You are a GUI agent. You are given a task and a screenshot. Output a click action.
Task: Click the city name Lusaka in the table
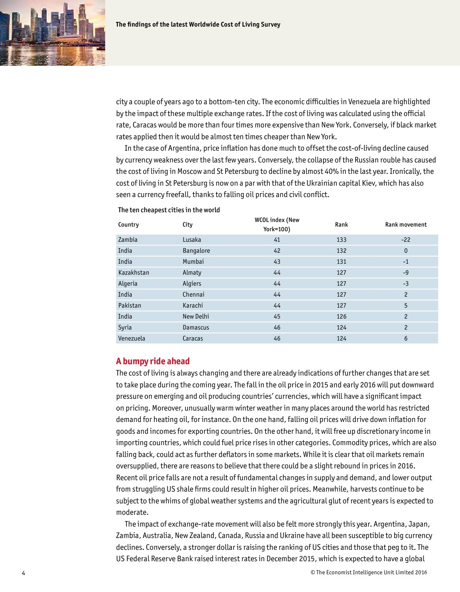[x=192, y=240]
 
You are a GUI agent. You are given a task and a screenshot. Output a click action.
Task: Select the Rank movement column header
[x=406, y=224]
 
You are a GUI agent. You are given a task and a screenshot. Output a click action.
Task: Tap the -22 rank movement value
[x=406, y=240]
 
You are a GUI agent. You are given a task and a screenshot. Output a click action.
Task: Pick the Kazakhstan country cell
[x=134, y=273]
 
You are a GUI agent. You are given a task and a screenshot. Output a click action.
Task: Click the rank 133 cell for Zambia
[x=342, y=240]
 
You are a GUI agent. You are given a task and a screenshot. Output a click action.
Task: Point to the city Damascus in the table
[x=196, y=327]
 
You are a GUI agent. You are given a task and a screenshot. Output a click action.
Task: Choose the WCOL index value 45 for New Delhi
[x=277, y=316]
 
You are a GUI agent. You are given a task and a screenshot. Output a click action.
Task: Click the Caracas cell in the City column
[x=193, y=338]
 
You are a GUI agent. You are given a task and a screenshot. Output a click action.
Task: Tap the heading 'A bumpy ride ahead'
[x=153, y=361]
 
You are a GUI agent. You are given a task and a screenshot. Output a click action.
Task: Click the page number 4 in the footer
[x=24, y=573]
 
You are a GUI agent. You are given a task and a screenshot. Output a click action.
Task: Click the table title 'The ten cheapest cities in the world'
[x=169, y=210]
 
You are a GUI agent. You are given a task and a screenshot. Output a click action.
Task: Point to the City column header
[x=188, y=224]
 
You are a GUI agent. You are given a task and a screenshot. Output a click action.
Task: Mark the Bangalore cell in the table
[x=196, y=251]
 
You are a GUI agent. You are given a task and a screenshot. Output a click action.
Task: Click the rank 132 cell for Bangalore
[x=342, y=251]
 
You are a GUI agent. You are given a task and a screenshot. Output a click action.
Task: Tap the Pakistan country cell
[x=129, y=305]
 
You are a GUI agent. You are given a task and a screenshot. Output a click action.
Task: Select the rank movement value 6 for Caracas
[x=406, y=338]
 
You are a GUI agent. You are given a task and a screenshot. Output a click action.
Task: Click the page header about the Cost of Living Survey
[x=198, y=24]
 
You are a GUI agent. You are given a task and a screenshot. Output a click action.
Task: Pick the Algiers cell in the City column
[x=192, y=284]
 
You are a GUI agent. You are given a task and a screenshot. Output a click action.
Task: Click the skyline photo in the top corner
[x=52, y=32]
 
